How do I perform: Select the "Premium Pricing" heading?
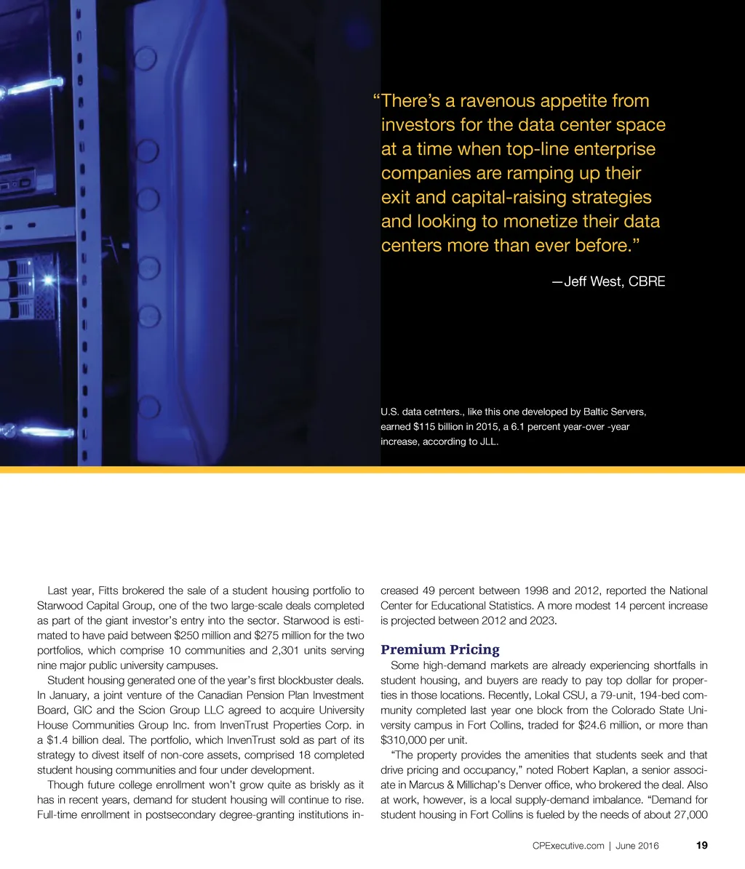click(x=440, y=649)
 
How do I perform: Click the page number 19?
click(x=701, y=846)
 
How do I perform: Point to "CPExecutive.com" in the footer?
click(x=568, y=846)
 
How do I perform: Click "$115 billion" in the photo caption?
click(x=441, y=427)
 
